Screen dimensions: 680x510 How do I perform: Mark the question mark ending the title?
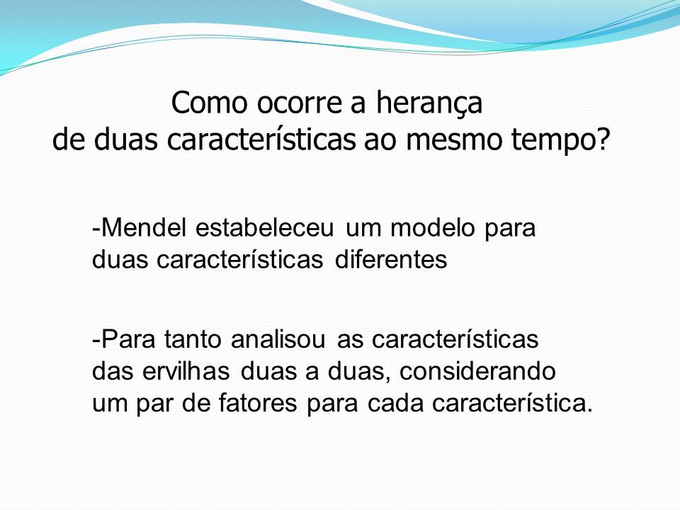click(602, 139)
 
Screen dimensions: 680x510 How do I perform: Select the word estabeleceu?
click(264, 227)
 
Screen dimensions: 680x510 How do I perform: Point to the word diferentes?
click(391, 259)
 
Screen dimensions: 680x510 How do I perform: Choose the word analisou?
click(278, 339)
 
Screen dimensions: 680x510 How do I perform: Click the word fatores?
click(258, 403)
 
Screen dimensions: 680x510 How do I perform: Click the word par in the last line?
click(154, 405)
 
